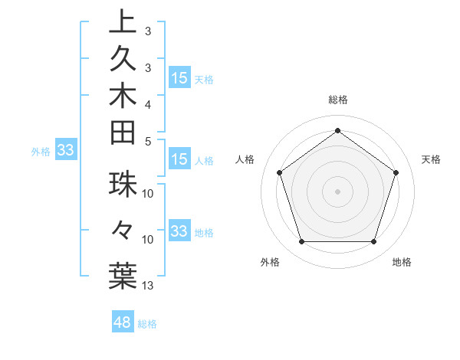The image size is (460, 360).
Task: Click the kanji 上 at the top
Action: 123,21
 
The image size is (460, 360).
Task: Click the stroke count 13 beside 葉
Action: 149,286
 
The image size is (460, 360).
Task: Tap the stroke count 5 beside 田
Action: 149,140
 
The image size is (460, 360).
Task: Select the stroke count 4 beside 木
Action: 149,103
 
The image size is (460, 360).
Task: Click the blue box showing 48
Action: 123,322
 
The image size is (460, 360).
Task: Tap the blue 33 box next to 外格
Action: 66,151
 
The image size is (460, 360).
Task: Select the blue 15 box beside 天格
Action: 179,78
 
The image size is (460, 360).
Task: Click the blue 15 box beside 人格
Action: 179,159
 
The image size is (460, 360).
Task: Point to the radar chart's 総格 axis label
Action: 337,100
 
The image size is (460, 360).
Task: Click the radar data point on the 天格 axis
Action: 396,172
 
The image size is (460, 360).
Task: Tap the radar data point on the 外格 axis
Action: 301,242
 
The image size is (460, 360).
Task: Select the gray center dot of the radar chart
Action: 337,191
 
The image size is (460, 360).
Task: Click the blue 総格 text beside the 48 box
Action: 148,324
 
